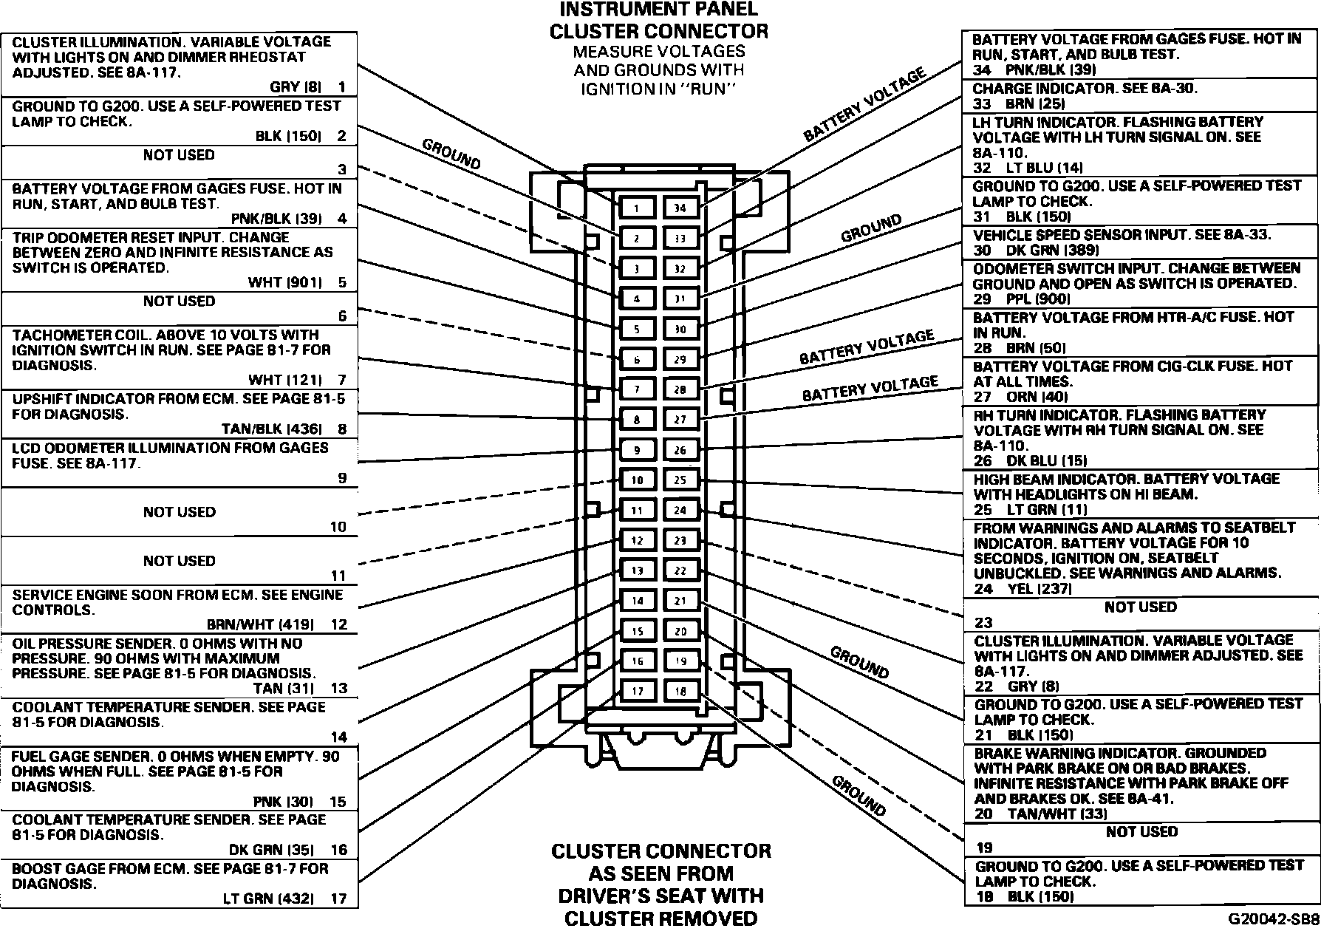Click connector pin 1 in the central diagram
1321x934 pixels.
[636, 208]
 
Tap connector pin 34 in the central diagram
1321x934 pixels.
[680, 208]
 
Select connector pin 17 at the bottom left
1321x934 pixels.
[636, 692]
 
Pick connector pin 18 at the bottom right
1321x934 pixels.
[680, 692]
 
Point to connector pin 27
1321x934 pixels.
[680, 420]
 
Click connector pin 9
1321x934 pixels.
[636, 450]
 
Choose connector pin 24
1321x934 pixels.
[680, 510]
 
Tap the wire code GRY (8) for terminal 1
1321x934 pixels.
[296, 87]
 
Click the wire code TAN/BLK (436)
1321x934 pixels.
[272, 429]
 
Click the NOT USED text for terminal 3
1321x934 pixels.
[179, 155]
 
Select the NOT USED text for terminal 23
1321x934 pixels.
[1140, 607]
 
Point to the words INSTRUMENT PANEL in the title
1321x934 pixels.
[658, 10]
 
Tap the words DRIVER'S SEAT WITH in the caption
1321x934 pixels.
[660, 896]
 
